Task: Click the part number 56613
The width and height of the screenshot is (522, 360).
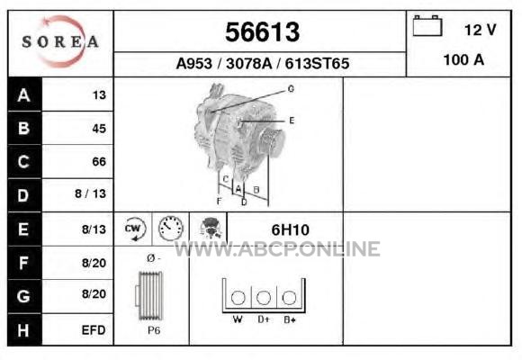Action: click(262, 32)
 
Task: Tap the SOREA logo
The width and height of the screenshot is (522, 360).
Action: click(60, 41)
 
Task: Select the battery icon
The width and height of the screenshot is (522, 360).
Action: click(427, 25)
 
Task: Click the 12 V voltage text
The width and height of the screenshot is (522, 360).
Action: click(480, 30)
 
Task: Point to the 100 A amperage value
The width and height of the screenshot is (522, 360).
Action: click(463, 60)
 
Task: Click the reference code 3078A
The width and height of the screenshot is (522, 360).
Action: click(248, 63)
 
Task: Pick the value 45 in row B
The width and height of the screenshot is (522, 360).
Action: click(99, 129)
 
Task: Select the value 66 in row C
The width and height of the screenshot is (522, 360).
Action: click(99, 161)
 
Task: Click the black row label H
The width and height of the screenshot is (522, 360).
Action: click(24, 329)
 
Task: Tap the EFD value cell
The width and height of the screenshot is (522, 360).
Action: click(94, 330)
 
